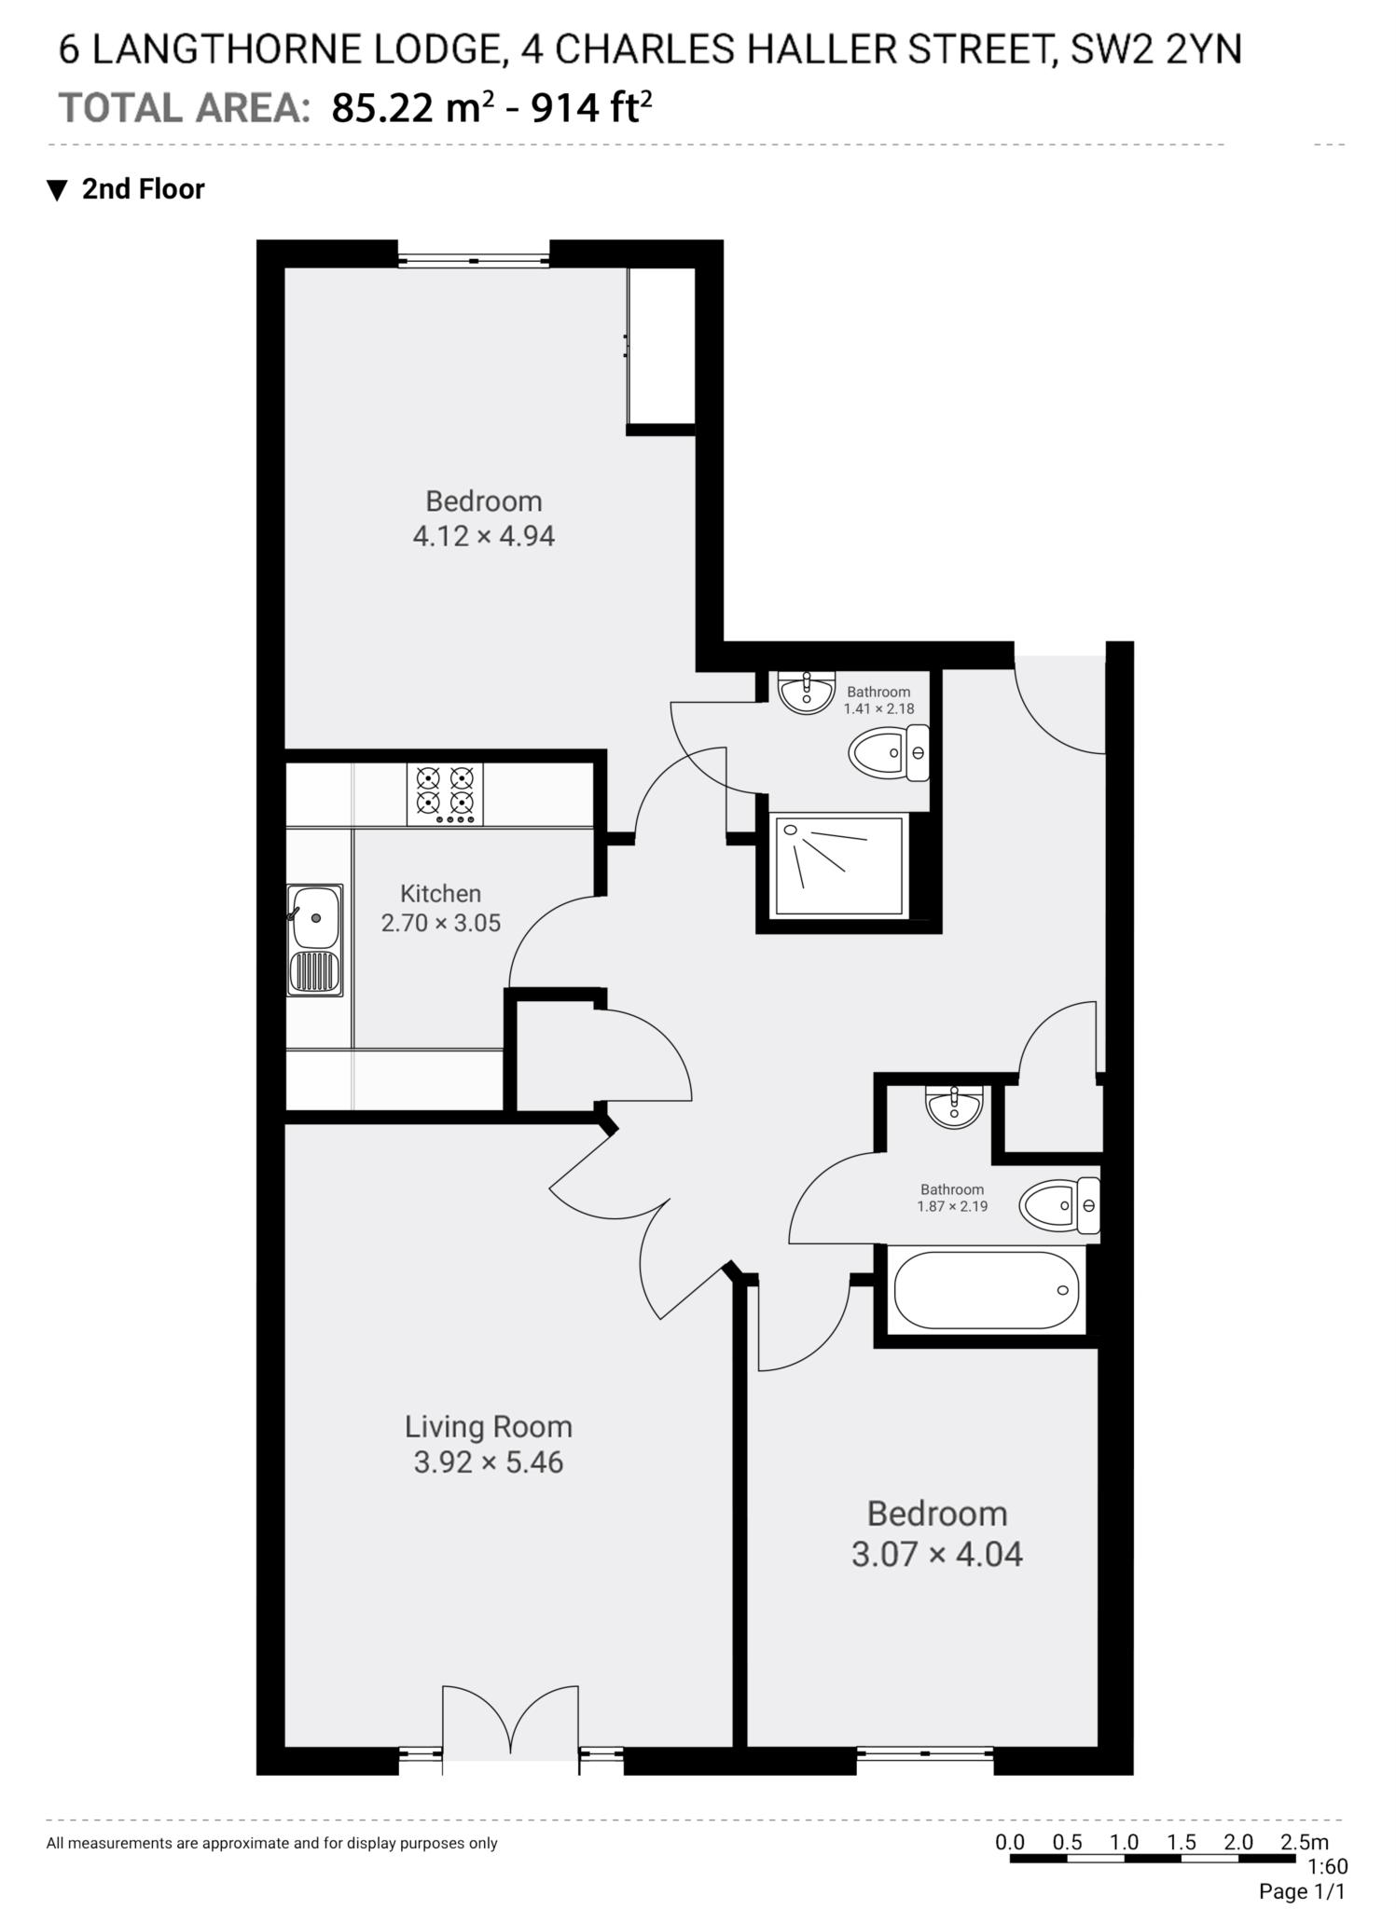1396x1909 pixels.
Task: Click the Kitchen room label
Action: coord(440,893)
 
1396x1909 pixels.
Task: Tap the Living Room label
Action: coord(488,1426)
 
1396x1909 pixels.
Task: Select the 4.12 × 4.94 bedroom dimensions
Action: coord(483,536)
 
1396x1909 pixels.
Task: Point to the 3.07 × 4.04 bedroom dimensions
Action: coord(936,1554)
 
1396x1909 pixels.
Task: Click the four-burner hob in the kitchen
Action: coord(445,794)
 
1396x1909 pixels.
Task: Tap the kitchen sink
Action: coord(314,940)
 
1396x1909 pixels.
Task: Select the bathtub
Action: coord(986,1291)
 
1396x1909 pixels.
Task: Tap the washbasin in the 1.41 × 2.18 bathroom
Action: coord(805,693)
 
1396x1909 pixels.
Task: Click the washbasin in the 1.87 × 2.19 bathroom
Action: coord(953,1107)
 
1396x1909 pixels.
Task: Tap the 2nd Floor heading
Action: coord(143,189)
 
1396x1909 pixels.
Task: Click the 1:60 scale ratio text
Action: coord(1327,1866)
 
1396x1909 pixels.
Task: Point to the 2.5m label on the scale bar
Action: coord(1304,1841)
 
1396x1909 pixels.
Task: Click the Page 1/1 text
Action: coord(1302,1891)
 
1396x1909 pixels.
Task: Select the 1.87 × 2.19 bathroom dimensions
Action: coord(951,1205)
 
